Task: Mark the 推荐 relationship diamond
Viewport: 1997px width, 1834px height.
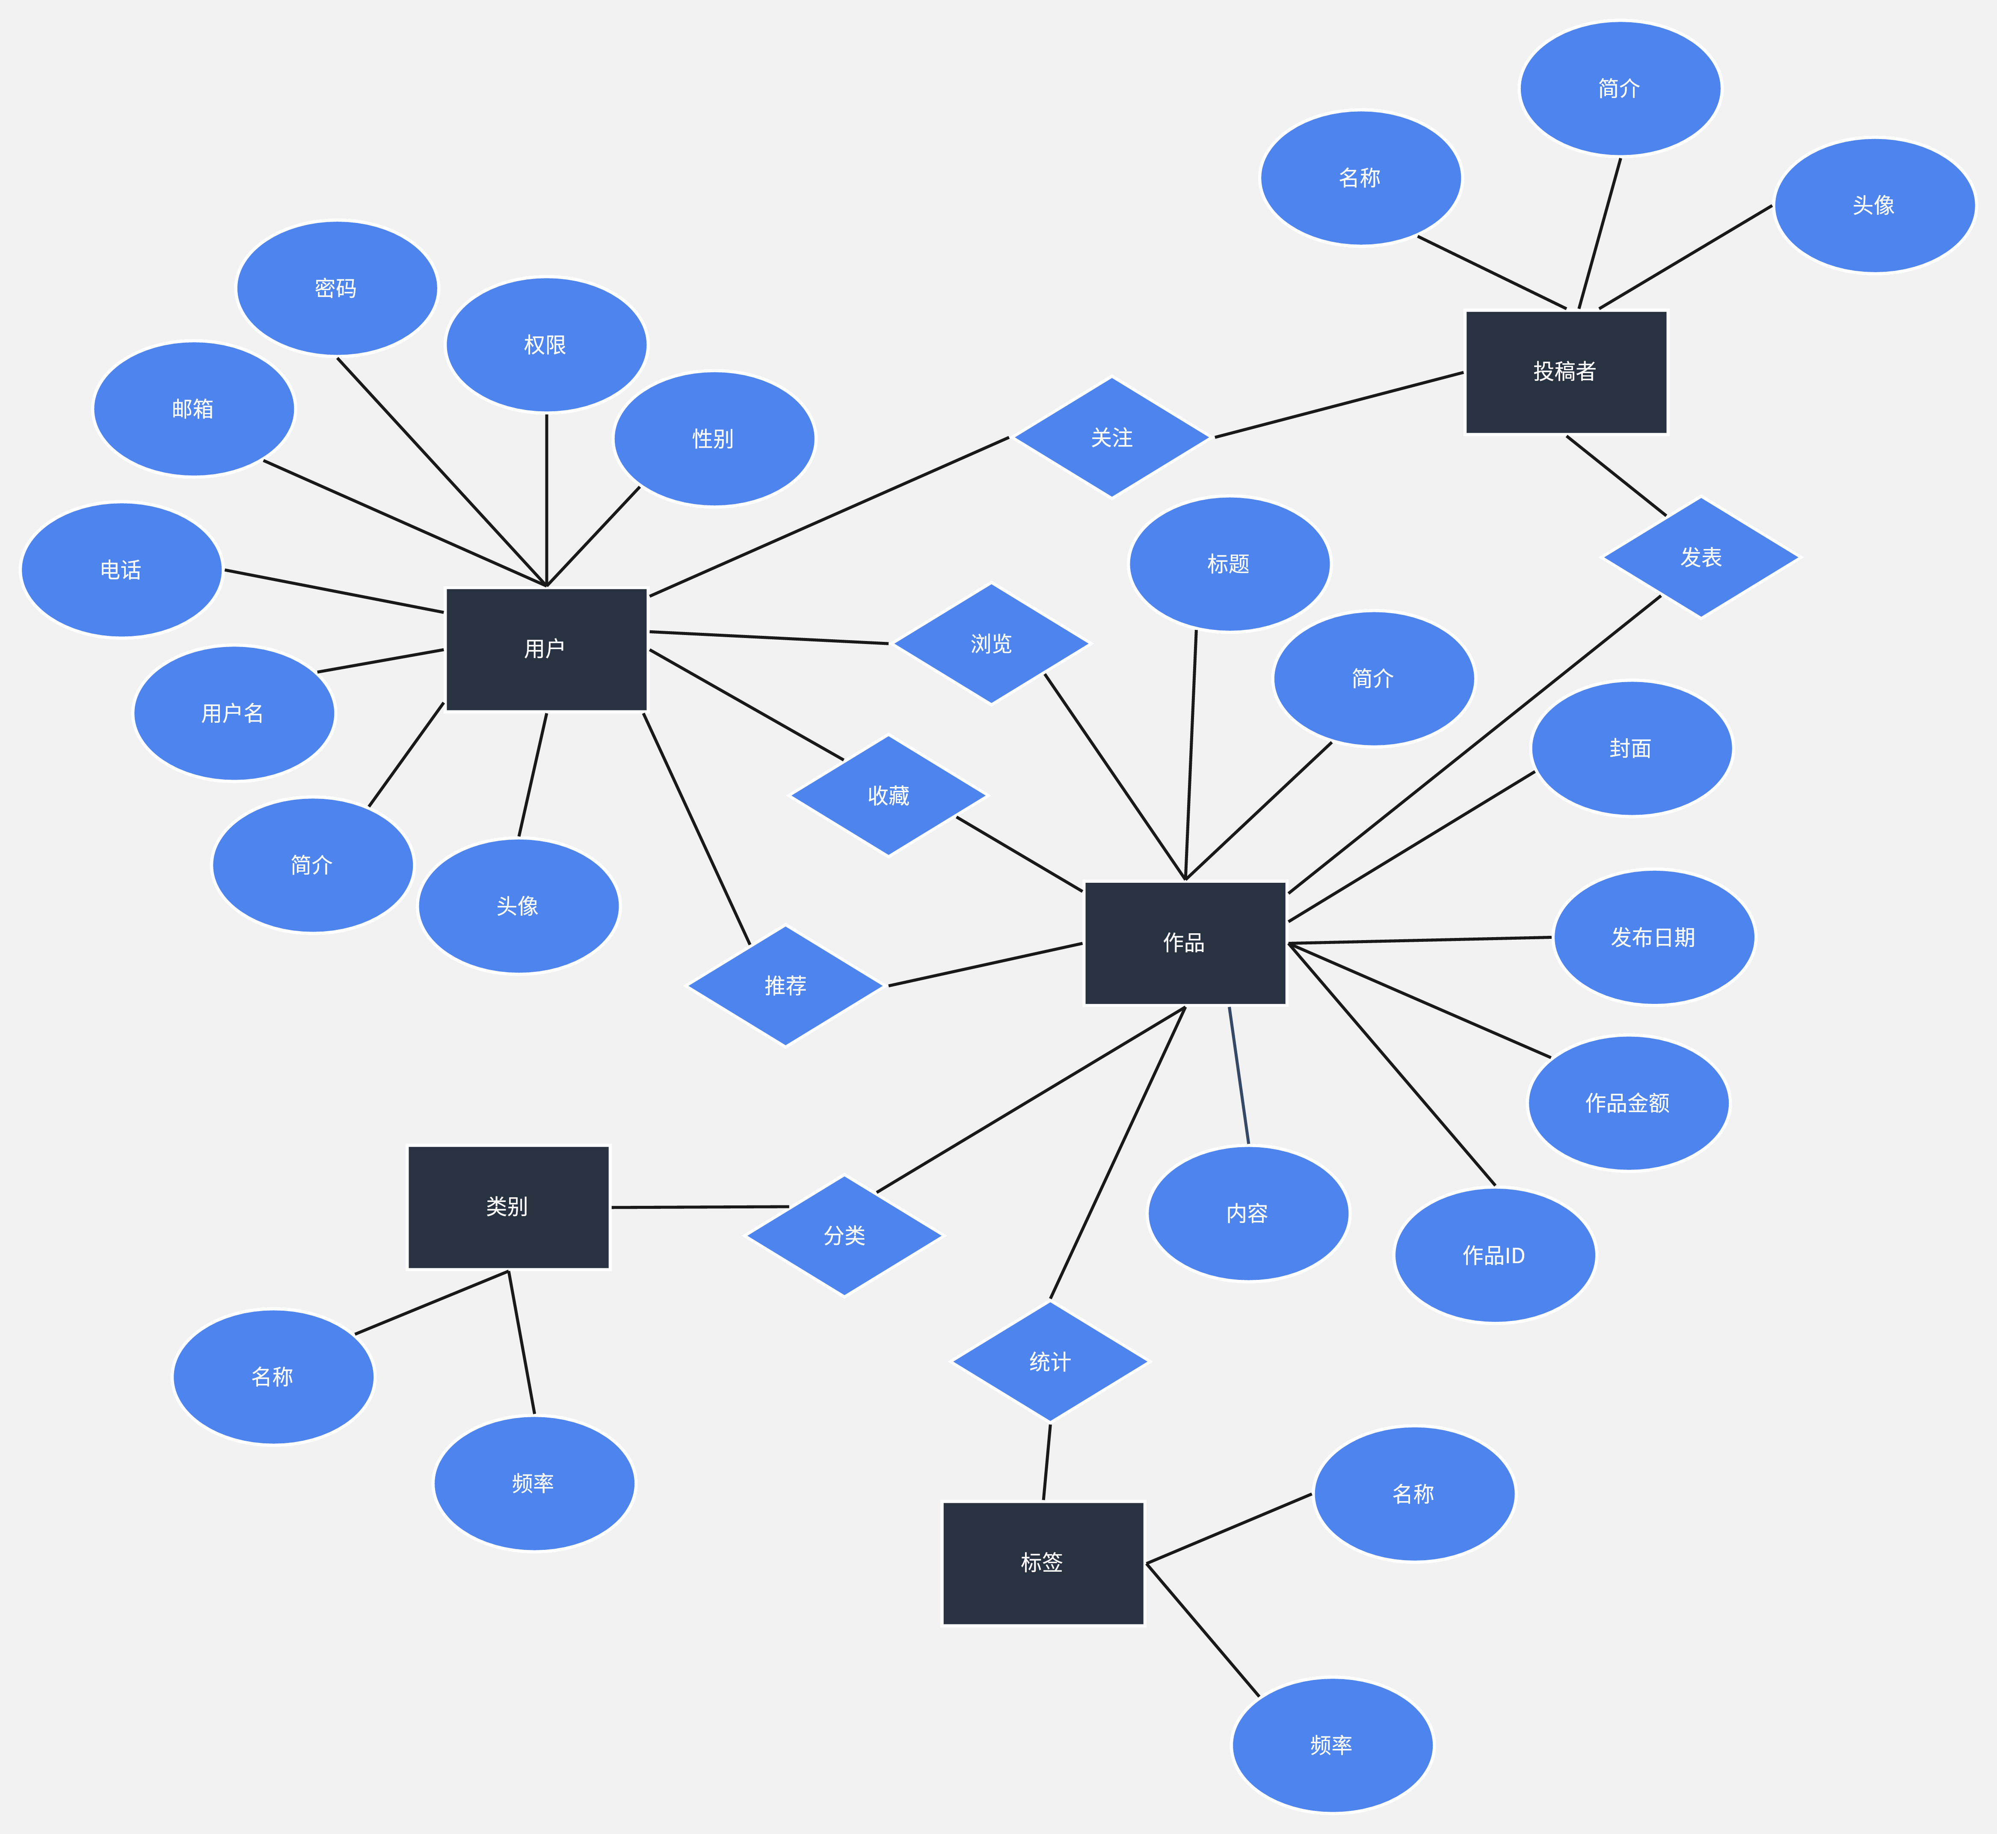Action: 786,985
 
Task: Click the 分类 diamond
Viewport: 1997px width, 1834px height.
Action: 844,1235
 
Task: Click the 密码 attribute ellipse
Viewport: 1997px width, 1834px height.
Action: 337,288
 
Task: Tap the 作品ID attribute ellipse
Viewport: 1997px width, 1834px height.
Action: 1495,1255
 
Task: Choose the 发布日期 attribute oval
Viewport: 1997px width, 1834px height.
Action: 1654,937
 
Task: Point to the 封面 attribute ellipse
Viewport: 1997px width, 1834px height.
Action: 1632,748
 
